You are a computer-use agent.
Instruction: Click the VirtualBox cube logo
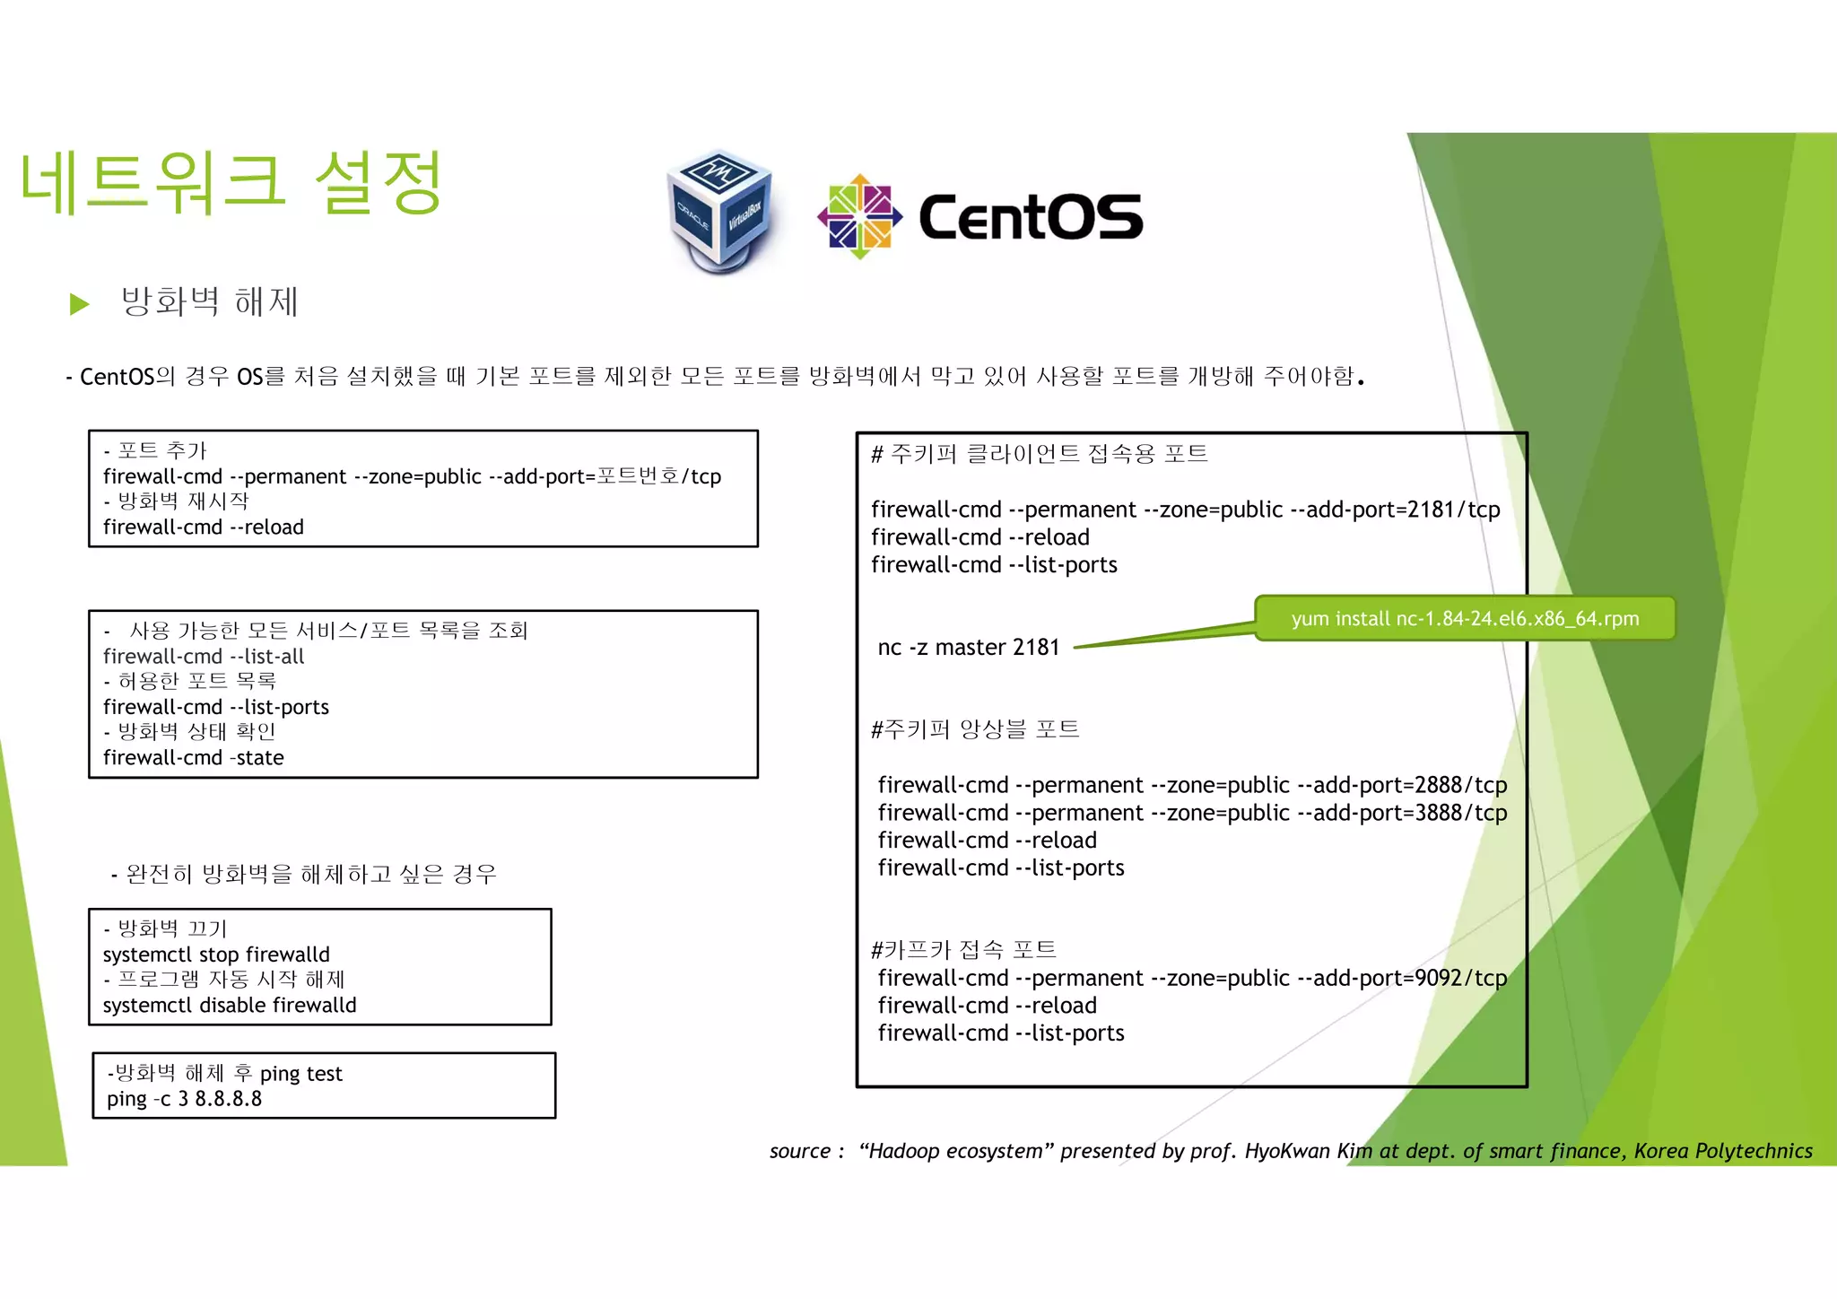(x=719, y=212)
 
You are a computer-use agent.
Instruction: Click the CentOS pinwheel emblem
(x=859, y=216)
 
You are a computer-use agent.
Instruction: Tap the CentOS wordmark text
(x=1031, y=218)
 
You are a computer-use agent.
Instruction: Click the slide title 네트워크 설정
(x=231, y=183)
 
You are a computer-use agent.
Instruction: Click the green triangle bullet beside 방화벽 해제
(x=80, y=304)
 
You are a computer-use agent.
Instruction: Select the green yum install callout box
(x=1464, y=618)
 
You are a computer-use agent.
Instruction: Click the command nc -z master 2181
(x=969, y=647)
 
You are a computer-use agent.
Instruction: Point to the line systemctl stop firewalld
(x=216, y=954)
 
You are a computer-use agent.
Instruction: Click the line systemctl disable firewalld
(x=230, y=1005)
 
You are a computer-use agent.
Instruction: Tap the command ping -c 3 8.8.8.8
(x=185, y=1099)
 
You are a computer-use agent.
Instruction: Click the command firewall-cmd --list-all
(x=204, y=656)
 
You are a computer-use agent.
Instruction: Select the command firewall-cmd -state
(x=194, y=757)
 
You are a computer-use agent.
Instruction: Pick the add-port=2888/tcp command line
(x=1191, y=785)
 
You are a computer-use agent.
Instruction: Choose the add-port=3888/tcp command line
(x=1191, y=813)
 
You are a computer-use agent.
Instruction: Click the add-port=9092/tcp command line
(x=1191, y=978)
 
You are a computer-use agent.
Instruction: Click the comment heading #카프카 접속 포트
(x=963, y=949)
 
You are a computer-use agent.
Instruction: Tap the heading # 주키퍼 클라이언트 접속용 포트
(x=1040, y=454)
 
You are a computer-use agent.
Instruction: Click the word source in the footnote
(x=800, y=1151)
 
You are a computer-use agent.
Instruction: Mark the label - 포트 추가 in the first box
(x=155, y=450)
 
